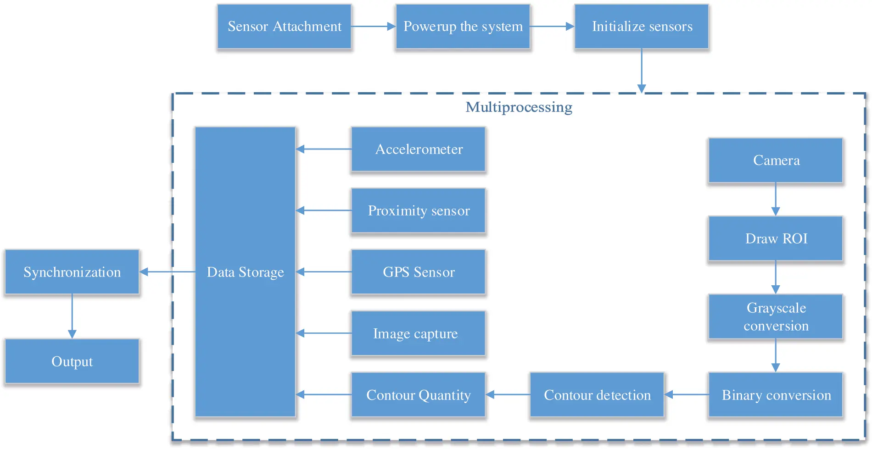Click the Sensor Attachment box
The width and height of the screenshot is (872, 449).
pyautogui.click(x=284, y=27)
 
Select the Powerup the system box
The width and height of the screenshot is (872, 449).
pyautogui.click(x=463, y=27)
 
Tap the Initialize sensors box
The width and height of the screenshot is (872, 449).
pyautogui.click(x=641, y=27)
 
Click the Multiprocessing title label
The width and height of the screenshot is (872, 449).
pyautogui.click(x=519, y=107)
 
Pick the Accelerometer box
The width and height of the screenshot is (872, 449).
pyautogui.click(x=418, y=150)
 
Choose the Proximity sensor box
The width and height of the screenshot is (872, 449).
pyautogui.click(x=418, y=211)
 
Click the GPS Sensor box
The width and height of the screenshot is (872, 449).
pyautogui.click(x=418, y=272)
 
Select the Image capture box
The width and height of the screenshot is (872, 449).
pyautogui.click(x=418, y=333)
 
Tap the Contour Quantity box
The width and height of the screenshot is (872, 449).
pyautogui.click(x=418, y=395)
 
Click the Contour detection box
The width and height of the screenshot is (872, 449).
pyautogui.click(x=597, y=395)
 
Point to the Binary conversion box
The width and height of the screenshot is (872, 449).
pyautogui.click(x=776, y=395)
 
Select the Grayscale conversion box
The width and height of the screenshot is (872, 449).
pyautogui.click(x=776, y=317)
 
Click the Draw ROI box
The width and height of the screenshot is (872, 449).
pyautogui.click(x=776, y=239)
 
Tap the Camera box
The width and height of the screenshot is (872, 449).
pyautogui.click(x=776, y=161)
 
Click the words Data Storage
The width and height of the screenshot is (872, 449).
pyautogui.click(x=245, y=272)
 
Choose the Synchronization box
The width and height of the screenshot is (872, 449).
pyautogui.click(x=72, y=272)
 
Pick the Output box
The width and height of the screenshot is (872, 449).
pyautogui.click(x=72, y=361)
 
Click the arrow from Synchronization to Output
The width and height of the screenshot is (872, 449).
pyautogui.click(x=72, y=316)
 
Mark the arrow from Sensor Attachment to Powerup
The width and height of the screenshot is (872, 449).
pyautogui.click(x=373, y=27)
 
